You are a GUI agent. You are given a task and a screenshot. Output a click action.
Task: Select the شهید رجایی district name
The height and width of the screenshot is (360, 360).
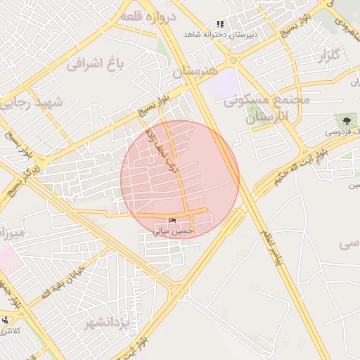[x=31, y=103]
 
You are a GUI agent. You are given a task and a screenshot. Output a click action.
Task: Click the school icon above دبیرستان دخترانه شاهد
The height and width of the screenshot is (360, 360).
[x=220, y=24]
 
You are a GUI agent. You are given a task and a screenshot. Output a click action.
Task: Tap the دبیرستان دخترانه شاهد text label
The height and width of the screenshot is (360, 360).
[x=220, y=34]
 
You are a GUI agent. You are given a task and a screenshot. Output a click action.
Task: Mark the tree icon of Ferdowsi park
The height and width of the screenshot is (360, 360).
[x=346, y=120]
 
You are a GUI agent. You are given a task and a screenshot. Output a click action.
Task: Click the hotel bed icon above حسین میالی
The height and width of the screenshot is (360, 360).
[x=173, y=221]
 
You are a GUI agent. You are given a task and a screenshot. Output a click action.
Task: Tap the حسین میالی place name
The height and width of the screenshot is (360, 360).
[x=173, y=231]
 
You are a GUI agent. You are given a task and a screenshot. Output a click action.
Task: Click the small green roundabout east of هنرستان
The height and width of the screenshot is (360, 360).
[x=233, y=61]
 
